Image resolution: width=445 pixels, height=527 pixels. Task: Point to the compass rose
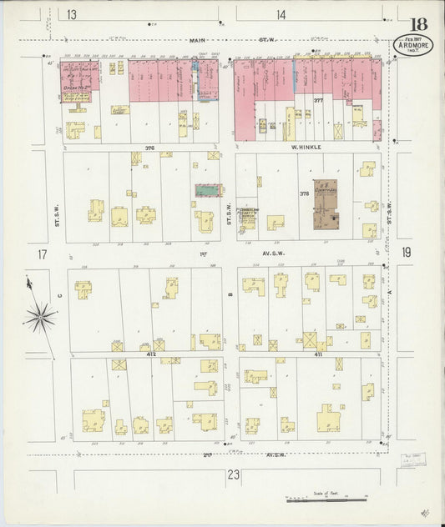click(39, 316)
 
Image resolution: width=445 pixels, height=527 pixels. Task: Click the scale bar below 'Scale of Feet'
click(326, 500)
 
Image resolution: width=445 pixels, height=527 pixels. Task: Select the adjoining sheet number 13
click(73, 14)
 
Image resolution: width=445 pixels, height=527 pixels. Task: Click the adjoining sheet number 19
click(406, 253)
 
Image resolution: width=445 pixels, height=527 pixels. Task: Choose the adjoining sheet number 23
click(233, 475)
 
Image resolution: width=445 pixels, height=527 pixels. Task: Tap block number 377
click(317, 101)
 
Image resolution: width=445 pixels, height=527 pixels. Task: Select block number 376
click(149, 148)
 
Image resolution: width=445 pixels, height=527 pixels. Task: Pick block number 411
click(317, 354)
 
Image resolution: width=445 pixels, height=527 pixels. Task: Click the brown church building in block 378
click(326, 203)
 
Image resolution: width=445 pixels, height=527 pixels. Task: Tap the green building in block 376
click(208, 191)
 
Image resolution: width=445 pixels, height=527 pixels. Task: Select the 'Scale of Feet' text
click(326, 494)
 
